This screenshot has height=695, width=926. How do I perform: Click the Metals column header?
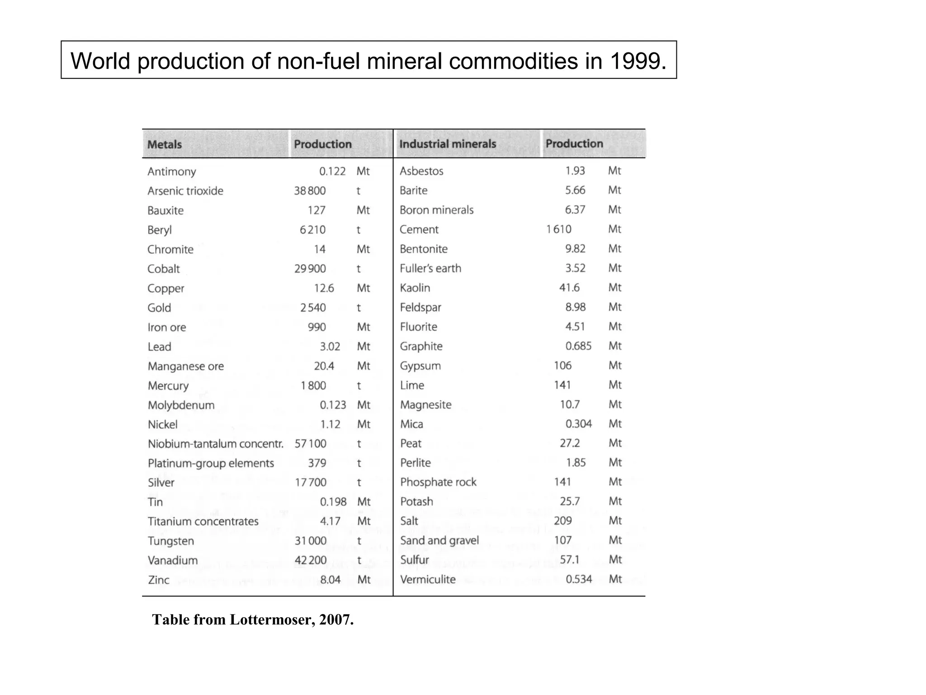tap(164, 144)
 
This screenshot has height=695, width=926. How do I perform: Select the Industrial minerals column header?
tap(447, 144)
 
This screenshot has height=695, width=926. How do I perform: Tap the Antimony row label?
tap(171, 171)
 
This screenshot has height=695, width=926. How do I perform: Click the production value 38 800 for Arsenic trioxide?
tap(310, 191)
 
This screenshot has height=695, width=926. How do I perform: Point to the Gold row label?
tap(159, 308)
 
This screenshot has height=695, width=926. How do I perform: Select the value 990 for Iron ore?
tap(317, 327)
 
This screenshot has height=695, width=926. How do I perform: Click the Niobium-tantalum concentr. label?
tap(215, 444)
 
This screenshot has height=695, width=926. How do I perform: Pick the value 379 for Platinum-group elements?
tap(317, 463)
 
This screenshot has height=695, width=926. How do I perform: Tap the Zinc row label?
tap(158, 580)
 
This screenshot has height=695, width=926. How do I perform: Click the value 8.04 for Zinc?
tap(330, 580)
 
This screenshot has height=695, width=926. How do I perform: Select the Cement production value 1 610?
tap(558, 229)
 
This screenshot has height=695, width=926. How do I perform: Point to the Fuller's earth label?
tap(430, 268)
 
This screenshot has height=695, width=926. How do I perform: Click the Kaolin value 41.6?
tap(569, 288)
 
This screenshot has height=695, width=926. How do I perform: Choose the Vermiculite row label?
tap(428, 580)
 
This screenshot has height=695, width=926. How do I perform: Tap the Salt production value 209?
tap(562, 521)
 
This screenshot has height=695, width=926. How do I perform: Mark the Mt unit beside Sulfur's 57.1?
tap(615, 560)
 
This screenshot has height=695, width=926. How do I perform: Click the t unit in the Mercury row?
tap(359, 386)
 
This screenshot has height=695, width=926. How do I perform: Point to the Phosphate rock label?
tap(438, 482)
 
